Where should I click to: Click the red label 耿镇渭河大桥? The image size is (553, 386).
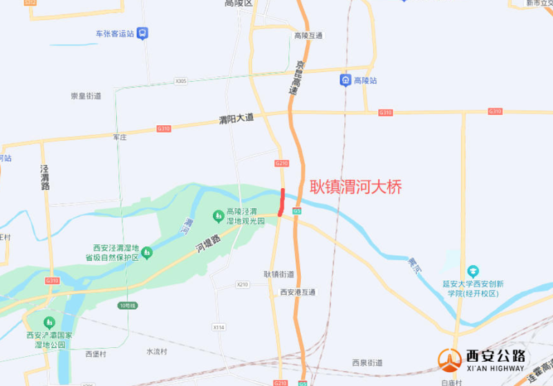[x=355, y=186]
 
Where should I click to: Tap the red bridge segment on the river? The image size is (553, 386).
[x=281, y=202]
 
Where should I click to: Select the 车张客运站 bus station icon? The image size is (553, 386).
[x=142, y=33]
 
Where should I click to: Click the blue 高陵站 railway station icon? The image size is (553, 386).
[x=345, y=81]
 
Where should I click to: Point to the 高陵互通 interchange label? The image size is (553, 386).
[x=308, y=35]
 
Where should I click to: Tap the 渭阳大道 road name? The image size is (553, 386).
[x=236, y=118]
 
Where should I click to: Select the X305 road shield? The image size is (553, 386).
[x=181, y=81]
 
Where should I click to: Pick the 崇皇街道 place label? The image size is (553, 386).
[x=86, y=95]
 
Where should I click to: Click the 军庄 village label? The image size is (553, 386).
[x=120, y=138]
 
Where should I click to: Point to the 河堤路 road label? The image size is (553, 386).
[x=207, y=242]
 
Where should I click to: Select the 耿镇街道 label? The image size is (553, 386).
[x=279, y=274]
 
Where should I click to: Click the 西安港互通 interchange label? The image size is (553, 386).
[x=298, y=292]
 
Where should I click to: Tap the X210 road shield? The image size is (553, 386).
[x=242, y=284]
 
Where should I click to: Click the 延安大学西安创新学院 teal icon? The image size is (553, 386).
[x=473, y=270]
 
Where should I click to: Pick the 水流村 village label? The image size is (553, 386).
[x=158, y=351]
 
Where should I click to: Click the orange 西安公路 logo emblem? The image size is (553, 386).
[x=449, y=360]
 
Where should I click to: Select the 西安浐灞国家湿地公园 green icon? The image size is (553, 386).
[x=49, y=322]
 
